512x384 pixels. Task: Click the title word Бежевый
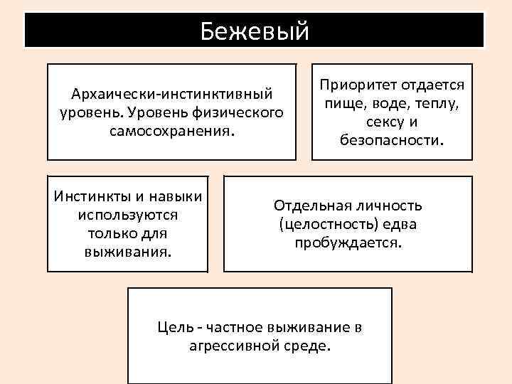254,30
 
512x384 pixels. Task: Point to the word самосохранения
171,131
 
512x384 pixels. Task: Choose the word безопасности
392,140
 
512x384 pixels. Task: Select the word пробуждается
348,242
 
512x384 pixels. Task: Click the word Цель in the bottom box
174,328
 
